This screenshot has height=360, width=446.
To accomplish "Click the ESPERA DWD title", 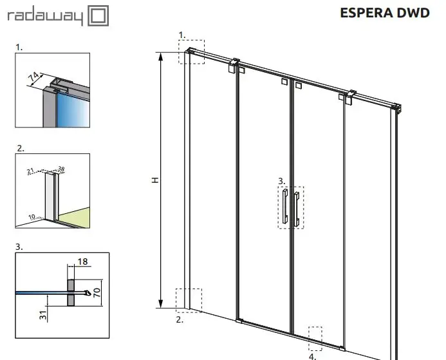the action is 385,13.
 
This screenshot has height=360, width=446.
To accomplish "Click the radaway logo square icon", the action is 98,15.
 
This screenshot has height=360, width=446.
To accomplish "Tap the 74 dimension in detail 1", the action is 34,77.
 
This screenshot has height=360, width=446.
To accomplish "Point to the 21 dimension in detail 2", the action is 30,171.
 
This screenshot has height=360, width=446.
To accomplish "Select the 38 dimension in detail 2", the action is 61,169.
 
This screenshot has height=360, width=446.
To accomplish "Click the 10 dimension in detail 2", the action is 32,217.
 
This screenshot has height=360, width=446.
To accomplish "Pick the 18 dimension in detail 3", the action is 82,261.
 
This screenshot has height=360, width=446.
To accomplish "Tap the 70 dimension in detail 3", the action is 97,292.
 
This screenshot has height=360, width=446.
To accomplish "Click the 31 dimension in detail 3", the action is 43,315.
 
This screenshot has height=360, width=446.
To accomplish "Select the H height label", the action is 155,180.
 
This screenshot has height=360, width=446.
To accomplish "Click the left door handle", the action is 285,205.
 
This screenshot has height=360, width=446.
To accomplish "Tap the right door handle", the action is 297,209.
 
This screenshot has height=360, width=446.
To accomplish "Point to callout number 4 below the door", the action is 312,356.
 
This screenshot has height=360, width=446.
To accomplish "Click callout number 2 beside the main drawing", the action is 180,319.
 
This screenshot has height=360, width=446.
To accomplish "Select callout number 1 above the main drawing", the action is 181,35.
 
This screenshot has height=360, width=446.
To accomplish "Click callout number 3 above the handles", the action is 281,181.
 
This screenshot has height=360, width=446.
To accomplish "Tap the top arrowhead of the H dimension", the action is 161,57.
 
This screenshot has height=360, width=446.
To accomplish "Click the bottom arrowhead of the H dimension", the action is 161,304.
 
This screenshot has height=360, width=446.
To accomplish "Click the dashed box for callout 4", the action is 315,327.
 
